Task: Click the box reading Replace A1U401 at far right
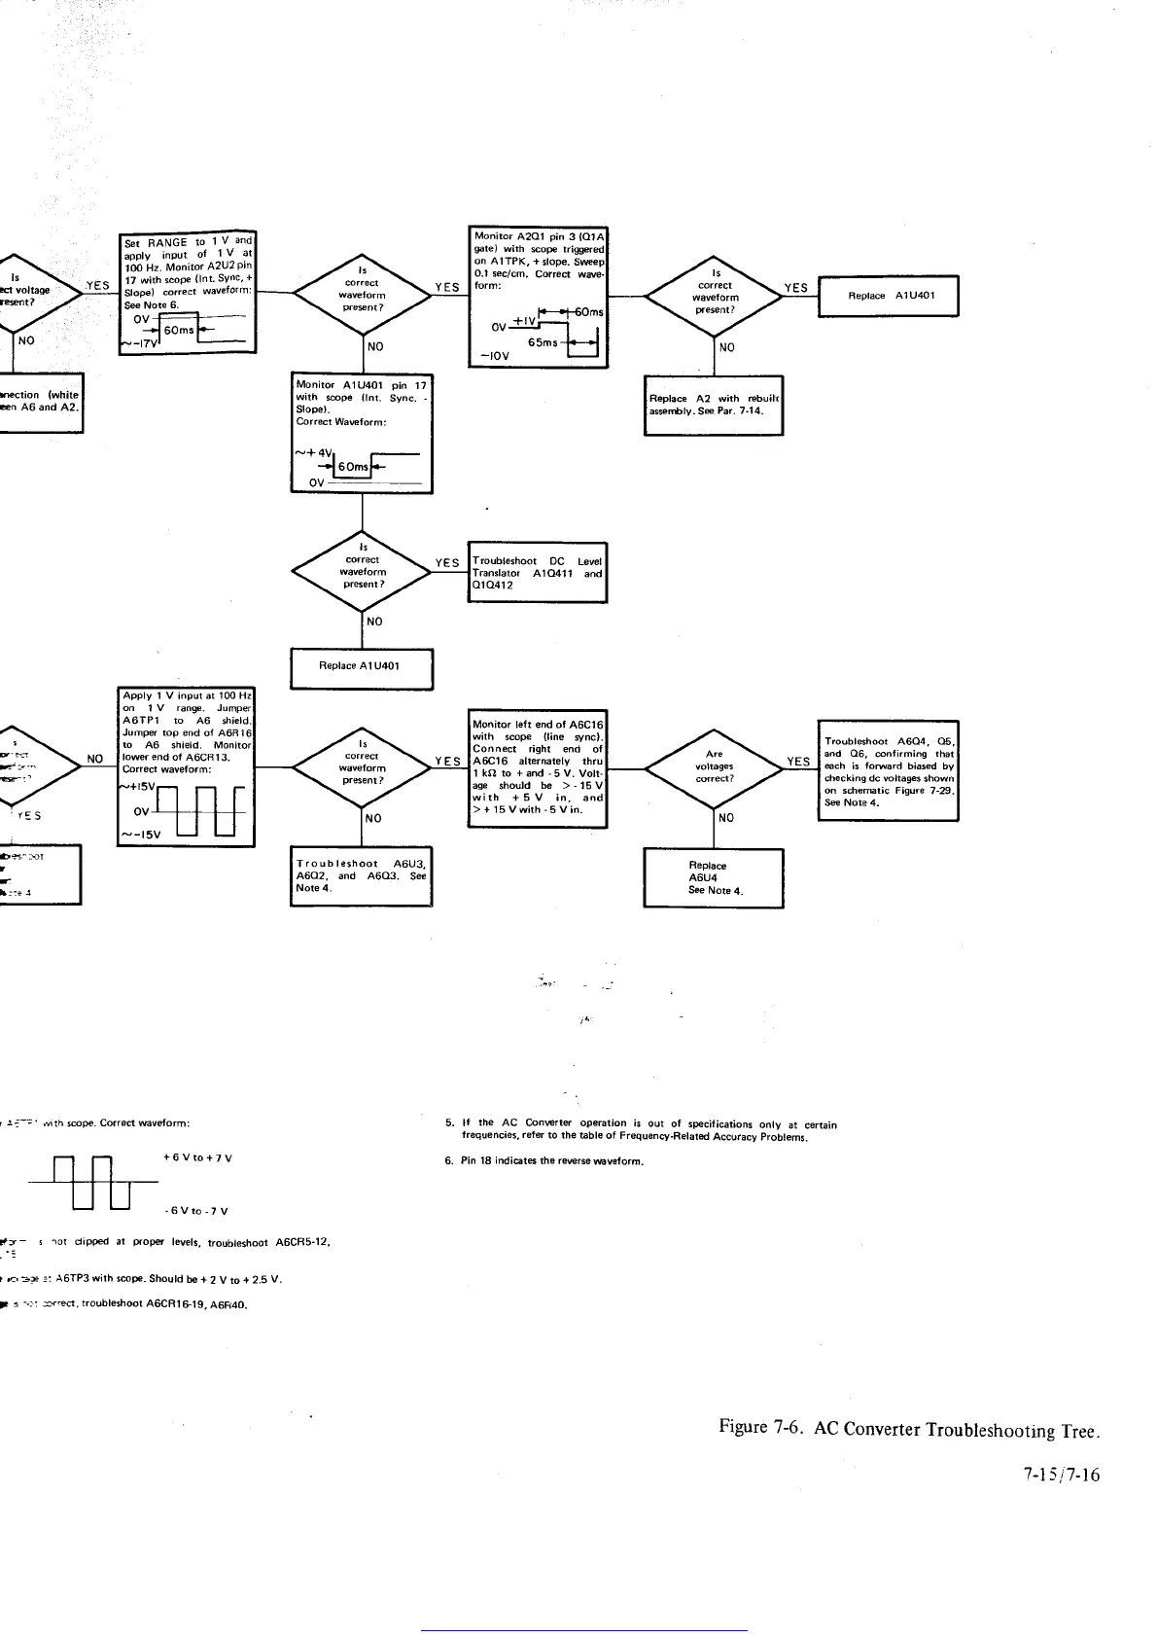[890, 296]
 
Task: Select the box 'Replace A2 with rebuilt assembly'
[714, 405]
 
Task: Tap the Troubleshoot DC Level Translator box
[537, 573]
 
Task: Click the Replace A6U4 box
[714, 877]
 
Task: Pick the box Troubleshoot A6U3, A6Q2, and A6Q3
[362, 875]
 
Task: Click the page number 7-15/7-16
[1061, 1475]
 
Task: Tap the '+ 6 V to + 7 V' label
[197, 1157]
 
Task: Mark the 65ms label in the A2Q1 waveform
[543, 342]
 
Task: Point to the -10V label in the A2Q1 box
[488, 356]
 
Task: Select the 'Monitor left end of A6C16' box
[537, 767]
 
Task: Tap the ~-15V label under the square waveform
[140, 835]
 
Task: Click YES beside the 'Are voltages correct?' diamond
[798, 762]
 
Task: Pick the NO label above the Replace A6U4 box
[725, 818]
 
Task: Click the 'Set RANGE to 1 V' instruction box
[187, 293]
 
